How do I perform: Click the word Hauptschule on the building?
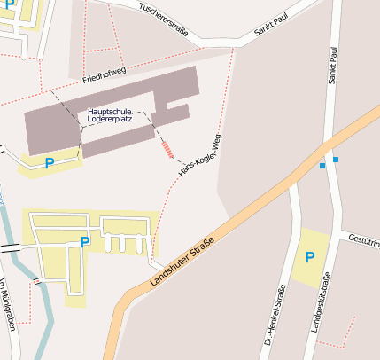pyautogui.click(x=110, y=111)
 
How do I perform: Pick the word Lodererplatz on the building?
pyautogui.click(x=112, y=119)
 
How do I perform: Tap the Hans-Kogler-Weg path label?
pyautogui.click(x=199, y=155)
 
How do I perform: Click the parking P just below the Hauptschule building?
pyautogui.click(x=50, y=163)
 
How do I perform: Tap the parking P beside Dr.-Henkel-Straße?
pyautogui.click(x=309, y=257)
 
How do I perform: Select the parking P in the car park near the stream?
pyautogui.click(x=85, y=241)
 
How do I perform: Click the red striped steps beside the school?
pyautogui.click(x=167, y=148)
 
